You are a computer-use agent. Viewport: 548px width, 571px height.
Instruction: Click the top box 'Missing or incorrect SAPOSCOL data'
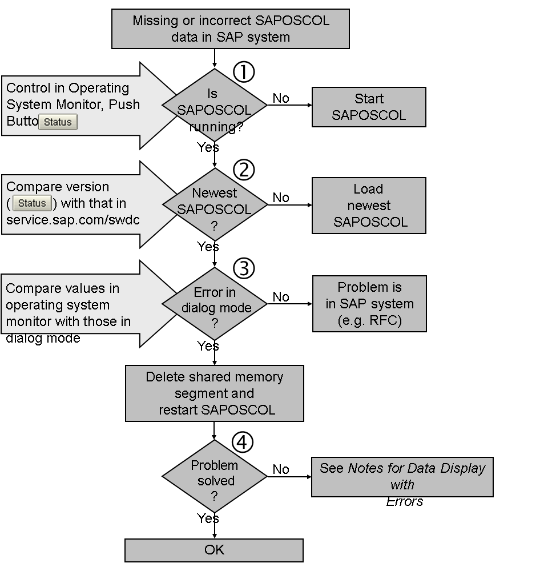pyautogui.click(x=231, y=29)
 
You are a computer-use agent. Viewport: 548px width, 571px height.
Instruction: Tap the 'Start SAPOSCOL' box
pyautogui.click(x=369, y=107)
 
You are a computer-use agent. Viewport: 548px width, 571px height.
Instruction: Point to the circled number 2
pyautogui.click(x=244, y=170)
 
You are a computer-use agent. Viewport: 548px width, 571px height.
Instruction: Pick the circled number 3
pyautogui.click(x=244, y=268)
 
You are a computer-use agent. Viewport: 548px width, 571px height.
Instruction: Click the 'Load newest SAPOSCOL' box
pyautogui.click(x=369, y=206)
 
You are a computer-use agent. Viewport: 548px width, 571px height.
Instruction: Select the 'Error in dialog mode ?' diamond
pyautogui.click(x=215, y=304)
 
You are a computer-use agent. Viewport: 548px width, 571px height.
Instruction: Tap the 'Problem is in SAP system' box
pyautogui.click(x=369, y=304)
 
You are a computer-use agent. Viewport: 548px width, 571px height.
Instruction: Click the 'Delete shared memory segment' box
pyautogui.click(x=215, y=393)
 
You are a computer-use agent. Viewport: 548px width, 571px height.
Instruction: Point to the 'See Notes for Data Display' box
pyautogui.click(x=402, y=477)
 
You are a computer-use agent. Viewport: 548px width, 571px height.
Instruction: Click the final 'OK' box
pyautogui.click(x=215, y=550)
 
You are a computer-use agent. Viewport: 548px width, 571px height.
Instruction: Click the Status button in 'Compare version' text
pyautogui.click(x=33, y=203)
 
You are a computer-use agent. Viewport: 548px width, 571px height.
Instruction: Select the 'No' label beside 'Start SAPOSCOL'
pyautogui.click(x=281, y=98)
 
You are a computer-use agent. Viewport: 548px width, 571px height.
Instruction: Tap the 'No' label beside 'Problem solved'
pyautogui.click(x=281, y=469)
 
